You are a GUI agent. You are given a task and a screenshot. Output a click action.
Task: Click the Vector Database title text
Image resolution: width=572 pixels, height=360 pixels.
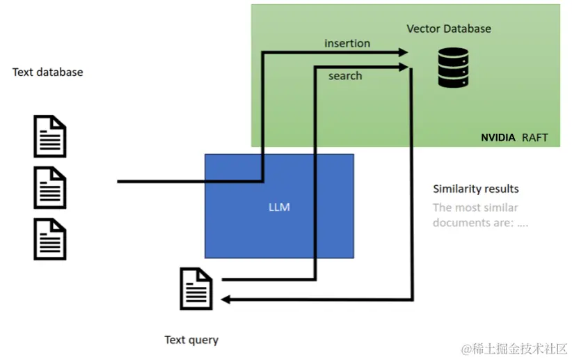point(449,29)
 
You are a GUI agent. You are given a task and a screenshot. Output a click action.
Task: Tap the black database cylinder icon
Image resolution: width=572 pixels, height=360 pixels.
point(453,67)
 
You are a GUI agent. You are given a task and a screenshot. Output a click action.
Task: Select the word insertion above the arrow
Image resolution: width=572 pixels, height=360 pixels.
point(347,43)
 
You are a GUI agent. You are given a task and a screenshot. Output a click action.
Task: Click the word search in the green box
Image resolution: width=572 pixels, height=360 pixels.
point(345,75)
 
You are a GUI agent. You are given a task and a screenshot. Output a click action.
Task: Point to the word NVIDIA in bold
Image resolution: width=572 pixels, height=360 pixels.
point(498,137)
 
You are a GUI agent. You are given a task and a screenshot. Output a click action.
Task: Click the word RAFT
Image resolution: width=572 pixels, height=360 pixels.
point(534,137)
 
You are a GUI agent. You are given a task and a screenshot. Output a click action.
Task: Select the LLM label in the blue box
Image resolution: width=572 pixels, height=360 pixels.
point(279,207)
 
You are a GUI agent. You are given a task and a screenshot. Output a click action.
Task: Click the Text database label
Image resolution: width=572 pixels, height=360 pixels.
point(47,72)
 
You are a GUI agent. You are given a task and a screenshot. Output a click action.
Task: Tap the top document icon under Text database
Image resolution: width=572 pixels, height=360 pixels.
point(50,136)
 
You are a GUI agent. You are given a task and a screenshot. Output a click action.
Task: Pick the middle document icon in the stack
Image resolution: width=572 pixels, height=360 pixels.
point(50,188)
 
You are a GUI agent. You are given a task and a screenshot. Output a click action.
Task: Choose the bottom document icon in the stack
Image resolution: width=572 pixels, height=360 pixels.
point(50,239)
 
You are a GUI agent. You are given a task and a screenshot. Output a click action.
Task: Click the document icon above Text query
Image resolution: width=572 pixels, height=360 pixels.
point(196,288)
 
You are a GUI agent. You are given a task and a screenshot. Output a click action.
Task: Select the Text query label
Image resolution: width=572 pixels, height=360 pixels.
point(191,340)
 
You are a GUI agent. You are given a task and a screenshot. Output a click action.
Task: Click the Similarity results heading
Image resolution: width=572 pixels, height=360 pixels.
point(476,189)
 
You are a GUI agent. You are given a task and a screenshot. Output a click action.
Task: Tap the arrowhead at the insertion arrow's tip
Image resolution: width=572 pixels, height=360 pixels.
point(404,52)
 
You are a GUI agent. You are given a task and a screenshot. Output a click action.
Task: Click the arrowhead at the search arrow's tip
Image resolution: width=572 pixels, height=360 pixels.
point(404,67)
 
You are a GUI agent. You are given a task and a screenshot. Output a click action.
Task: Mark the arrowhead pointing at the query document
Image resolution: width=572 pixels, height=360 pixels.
point(226,299)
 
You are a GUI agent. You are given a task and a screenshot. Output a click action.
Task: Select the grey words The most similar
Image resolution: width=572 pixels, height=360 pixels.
point(475,207)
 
